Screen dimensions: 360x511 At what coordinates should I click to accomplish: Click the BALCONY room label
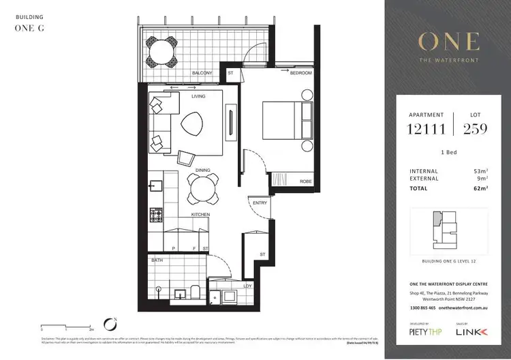pos(202,73)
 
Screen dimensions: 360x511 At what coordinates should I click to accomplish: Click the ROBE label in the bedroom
pos(306,181)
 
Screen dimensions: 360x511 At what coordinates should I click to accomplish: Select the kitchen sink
pos(155,185)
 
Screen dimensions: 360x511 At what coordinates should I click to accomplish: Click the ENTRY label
pos(260,202)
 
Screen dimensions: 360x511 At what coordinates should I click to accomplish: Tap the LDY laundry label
pos(249,286)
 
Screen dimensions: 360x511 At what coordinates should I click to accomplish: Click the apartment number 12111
pos(425,130)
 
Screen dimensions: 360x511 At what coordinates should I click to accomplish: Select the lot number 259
pos(475,130)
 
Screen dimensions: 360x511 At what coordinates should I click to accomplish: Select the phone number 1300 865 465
pos(418,309)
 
